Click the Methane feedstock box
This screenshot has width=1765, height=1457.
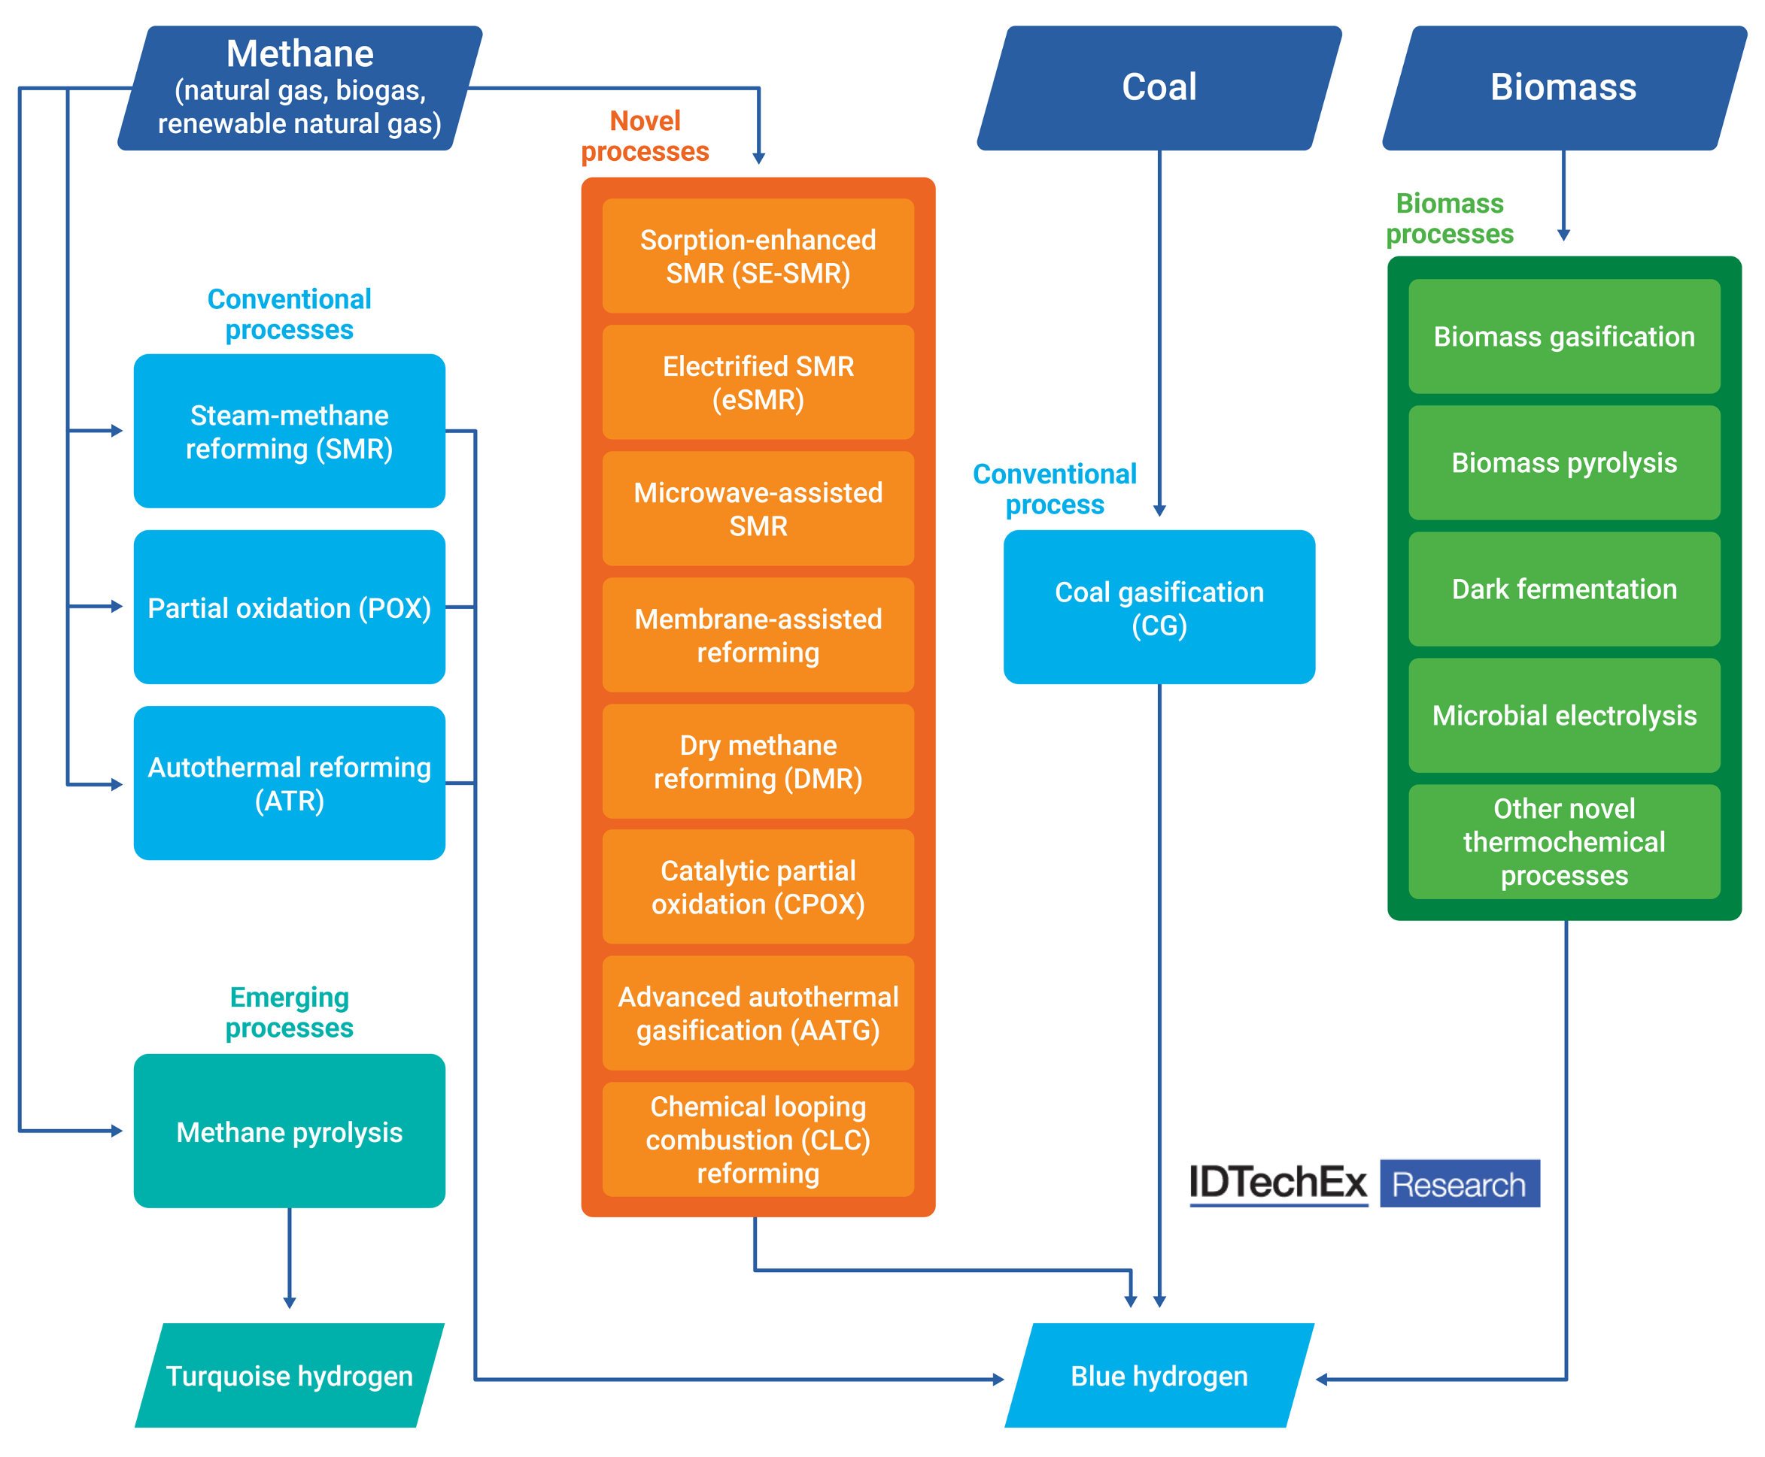(299, 88)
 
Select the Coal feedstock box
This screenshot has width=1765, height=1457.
(1159, 88)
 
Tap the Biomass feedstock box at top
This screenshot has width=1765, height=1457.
(1563, 88)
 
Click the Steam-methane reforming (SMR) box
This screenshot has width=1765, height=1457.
(290, 432)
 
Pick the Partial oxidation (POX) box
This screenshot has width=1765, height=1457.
(290, 607)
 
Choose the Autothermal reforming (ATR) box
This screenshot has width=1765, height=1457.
(290, 783)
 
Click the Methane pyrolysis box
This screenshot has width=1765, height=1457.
(290, 1131)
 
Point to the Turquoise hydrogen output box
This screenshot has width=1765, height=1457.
(290, 1376)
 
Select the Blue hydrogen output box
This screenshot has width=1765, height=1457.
(1159, 1376)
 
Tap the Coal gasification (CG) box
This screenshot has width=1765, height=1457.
(1159, 607)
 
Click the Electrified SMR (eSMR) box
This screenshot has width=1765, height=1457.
(758, 383)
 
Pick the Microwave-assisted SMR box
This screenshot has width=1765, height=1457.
(758, 509)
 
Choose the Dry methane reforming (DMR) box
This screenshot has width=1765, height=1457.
(758, 762)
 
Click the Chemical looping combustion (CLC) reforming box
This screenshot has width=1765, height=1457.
(758, 1139)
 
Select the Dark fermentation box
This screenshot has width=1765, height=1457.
(1563, 589)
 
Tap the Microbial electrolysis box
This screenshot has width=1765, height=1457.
(1563, 715)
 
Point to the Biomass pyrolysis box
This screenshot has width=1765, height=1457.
(1563, 462)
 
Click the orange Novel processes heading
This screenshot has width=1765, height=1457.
(645, 136)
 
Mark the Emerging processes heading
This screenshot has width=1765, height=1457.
(290, 1012)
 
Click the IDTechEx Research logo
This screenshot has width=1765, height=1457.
(1365, 1183)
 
